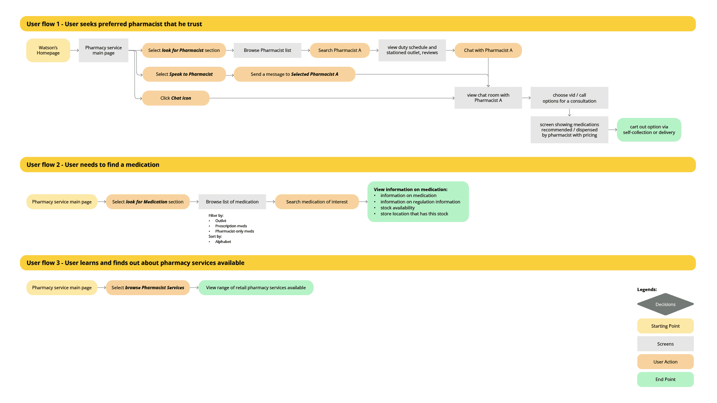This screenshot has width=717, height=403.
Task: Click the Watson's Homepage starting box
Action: point(48,50)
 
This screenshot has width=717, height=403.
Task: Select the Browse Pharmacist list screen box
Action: point(267,50)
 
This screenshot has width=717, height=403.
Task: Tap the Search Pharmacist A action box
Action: point(340,50)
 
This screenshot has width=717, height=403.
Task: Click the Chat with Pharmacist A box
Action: point(488,50)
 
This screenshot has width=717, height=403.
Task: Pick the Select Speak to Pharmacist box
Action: point(184,74)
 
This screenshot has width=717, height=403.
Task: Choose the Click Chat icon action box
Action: point(176,98)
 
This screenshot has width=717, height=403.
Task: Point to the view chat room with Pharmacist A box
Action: point(488,98)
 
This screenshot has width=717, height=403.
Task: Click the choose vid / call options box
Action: point(569,98)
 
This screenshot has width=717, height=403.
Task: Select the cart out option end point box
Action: point(649,130)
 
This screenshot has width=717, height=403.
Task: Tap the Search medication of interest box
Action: point(317,202)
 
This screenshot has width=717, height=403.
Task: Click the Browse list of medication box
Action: point(232,202)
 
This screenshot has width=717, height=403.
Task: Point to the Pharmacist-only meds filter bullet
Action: point(235,231)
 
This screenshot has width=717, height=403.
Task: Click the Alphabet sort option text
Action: point(223,242)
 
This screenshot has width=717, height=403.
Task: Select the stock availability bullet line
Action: point(397,208)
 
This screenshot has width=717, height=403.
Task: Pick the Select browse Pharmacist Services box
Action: point(148,288)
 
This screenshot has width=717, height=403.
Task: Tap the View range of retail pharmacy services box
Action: point(256,288)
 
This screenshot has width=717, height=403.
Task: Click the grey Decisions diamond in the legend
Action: point(665,304)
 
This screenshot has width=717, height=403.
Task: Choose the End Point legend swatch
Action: point(665,379)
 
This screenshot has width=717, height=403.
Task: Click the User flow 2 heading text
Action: point(93,165)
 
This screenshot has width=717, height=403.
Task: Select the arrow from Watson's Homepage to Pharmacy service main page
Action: point(75,50)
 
